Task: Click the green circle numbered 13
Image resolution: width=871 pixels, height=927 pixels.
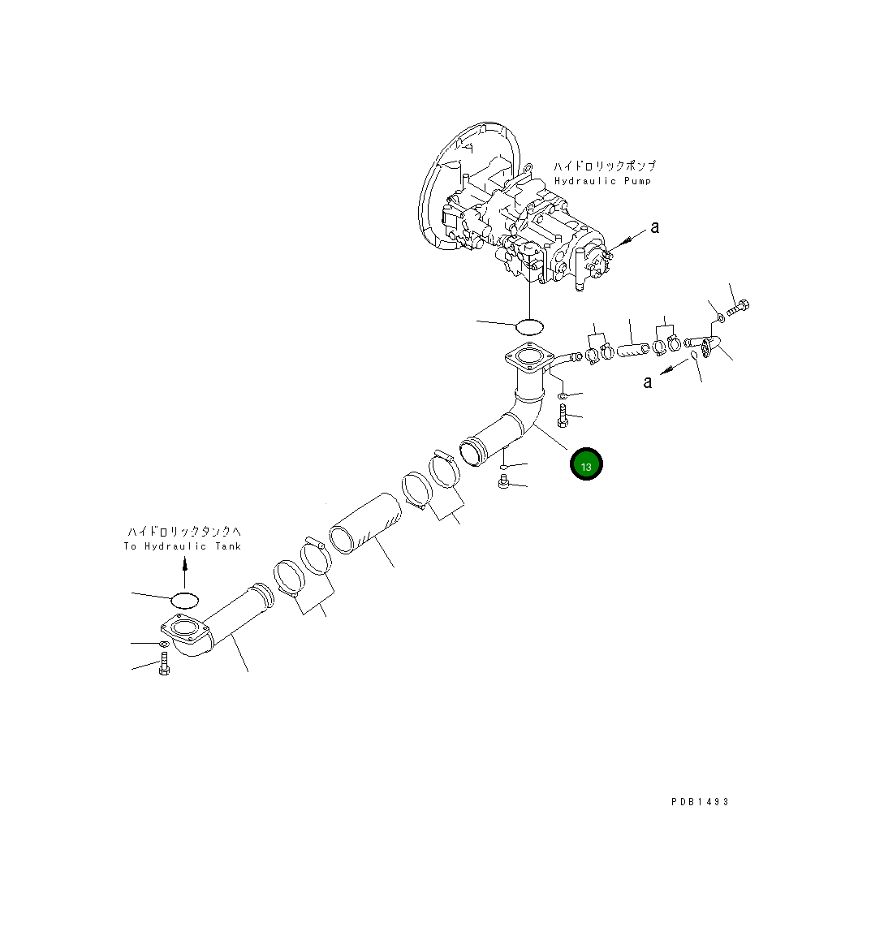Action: tap(586, 464)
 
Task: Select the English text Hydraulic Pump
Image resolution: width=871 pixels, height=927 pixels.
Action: tap(602, 181)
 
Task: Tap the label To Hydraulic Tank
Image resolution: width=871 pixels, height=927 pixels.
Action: tap(183, 546)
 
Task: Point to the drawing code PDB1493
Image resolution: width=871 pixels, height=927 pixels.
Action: tap(700, 801)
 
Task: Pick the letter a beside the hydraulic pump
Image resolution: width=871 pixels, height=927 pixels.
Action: tap(655, 227)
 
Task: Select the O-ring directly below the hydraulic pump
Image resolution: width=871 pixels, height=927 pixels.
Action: tap(529, 327)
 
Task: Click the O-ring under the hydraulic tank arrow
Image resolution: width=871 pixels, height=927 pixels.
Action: tap(184, 600)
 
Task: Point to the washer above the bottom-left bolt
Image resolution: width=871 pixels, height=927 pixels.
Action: tap(163, 645)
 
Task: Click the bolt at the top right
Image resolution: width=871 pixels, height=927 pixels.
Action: tap(738, 308)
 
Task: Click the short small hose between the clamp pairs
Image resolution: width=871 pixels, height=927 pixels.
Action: tap(634, 351)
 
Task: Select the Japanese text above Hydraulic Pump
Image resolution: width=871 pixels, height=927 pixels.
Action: tap(605, 166)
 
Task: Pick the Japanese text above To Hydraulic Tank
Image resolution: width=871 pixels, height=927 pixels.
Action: tap(183, 532)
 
